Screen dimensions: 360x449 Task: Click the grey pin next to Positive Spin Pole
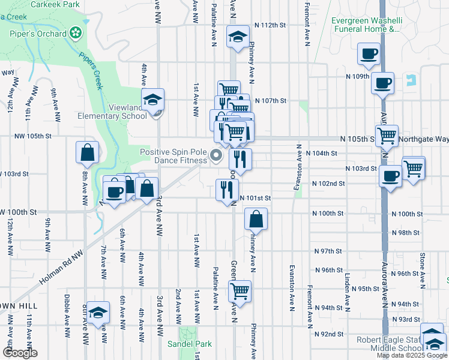[x=217, y=157]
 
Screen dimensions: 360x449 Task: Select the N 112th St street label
[x=270, y=25]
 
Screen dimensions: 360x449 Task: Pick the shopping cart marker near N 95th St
[x=240, y=292]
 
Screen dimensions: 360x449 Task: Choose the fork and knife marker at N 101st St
[x=227, y=191]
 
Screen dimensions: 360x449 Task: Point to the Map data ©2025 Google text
[x=411, y=355]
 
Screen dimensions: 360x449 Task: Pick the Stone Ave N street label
[x=422, y=271]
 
